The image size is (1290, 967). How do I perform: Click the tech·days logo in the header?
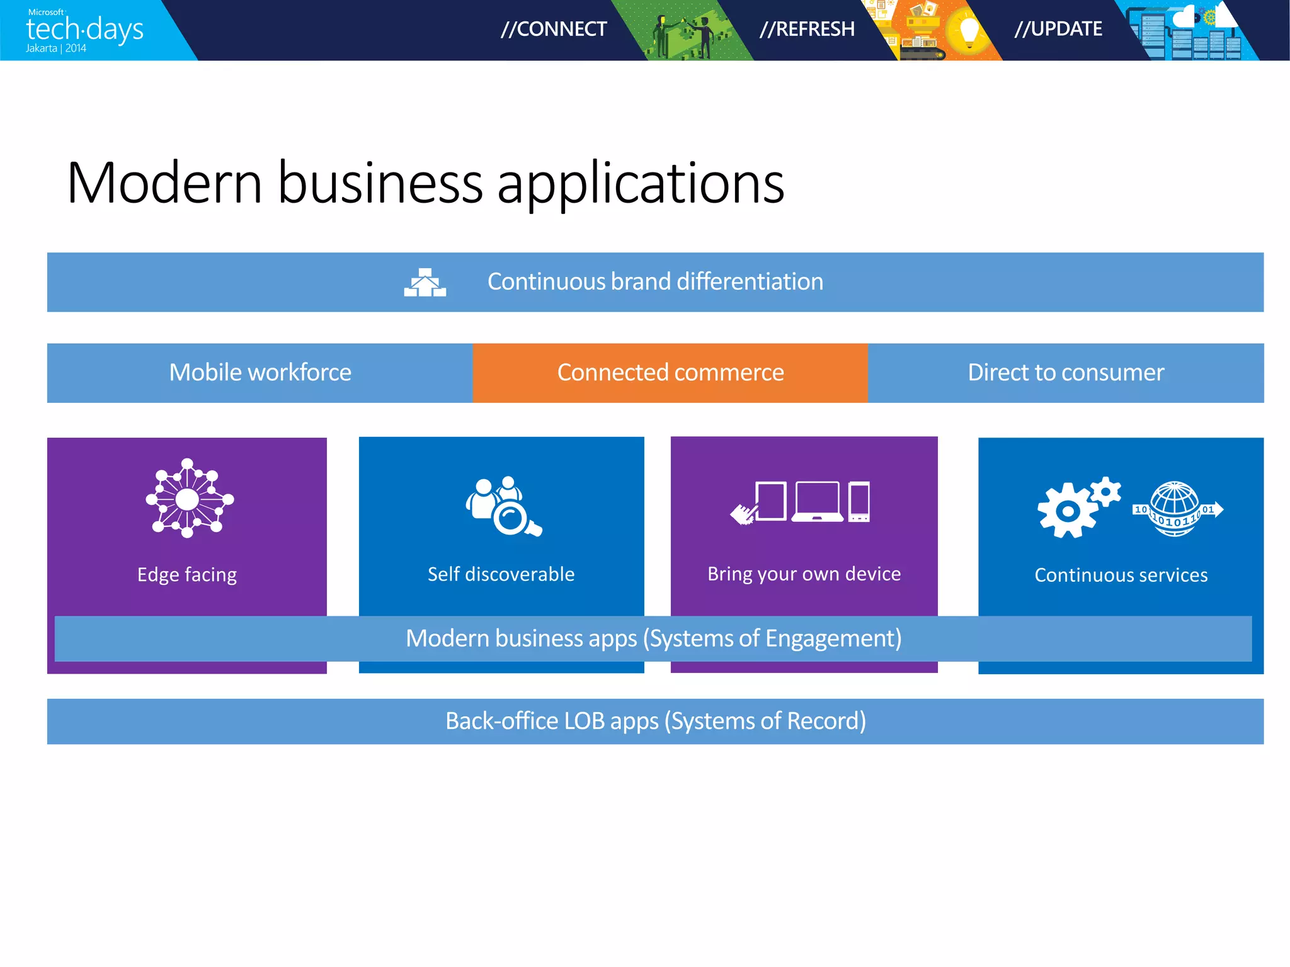(x=84, y=30)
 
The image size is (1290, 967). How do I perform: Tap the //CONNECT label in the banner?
(x=554, y=29)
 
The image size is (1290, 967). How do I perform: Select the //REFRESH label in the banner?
(x=807, y=29)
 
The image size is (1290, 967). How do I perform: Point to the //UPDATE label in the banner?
(x=1058, y=29)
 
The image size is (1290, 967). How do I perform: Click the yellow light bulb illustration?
(x=968, y=31)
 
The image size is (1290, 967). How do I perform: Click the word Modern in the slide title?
(x=164, y=183)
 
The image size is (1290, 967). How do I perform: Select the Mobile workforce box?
(x=260, y=373)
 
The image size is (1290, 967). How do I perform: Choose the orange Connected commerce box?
(x=670, y=373)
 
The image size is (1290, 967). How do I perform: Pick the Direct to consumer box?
(x=1066, y=373)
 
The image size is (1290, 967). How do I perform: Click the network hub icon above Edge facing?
(x=188, y=499)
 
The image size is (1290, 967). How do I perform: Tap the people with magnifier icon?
(x=503, y=506)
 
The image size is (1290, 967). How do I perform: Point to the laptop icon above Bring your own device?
(x=818, y=502)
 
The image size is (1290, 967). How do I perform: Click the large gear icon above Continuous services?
(x=1068, y=511)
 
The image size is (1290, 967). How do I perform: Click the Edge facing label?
(x=187, y=575)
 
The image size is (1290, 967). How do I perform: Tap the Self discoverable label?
(x=501, y=574)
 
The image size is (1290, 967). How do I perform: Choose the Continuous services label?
(x=1121, y=575)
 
